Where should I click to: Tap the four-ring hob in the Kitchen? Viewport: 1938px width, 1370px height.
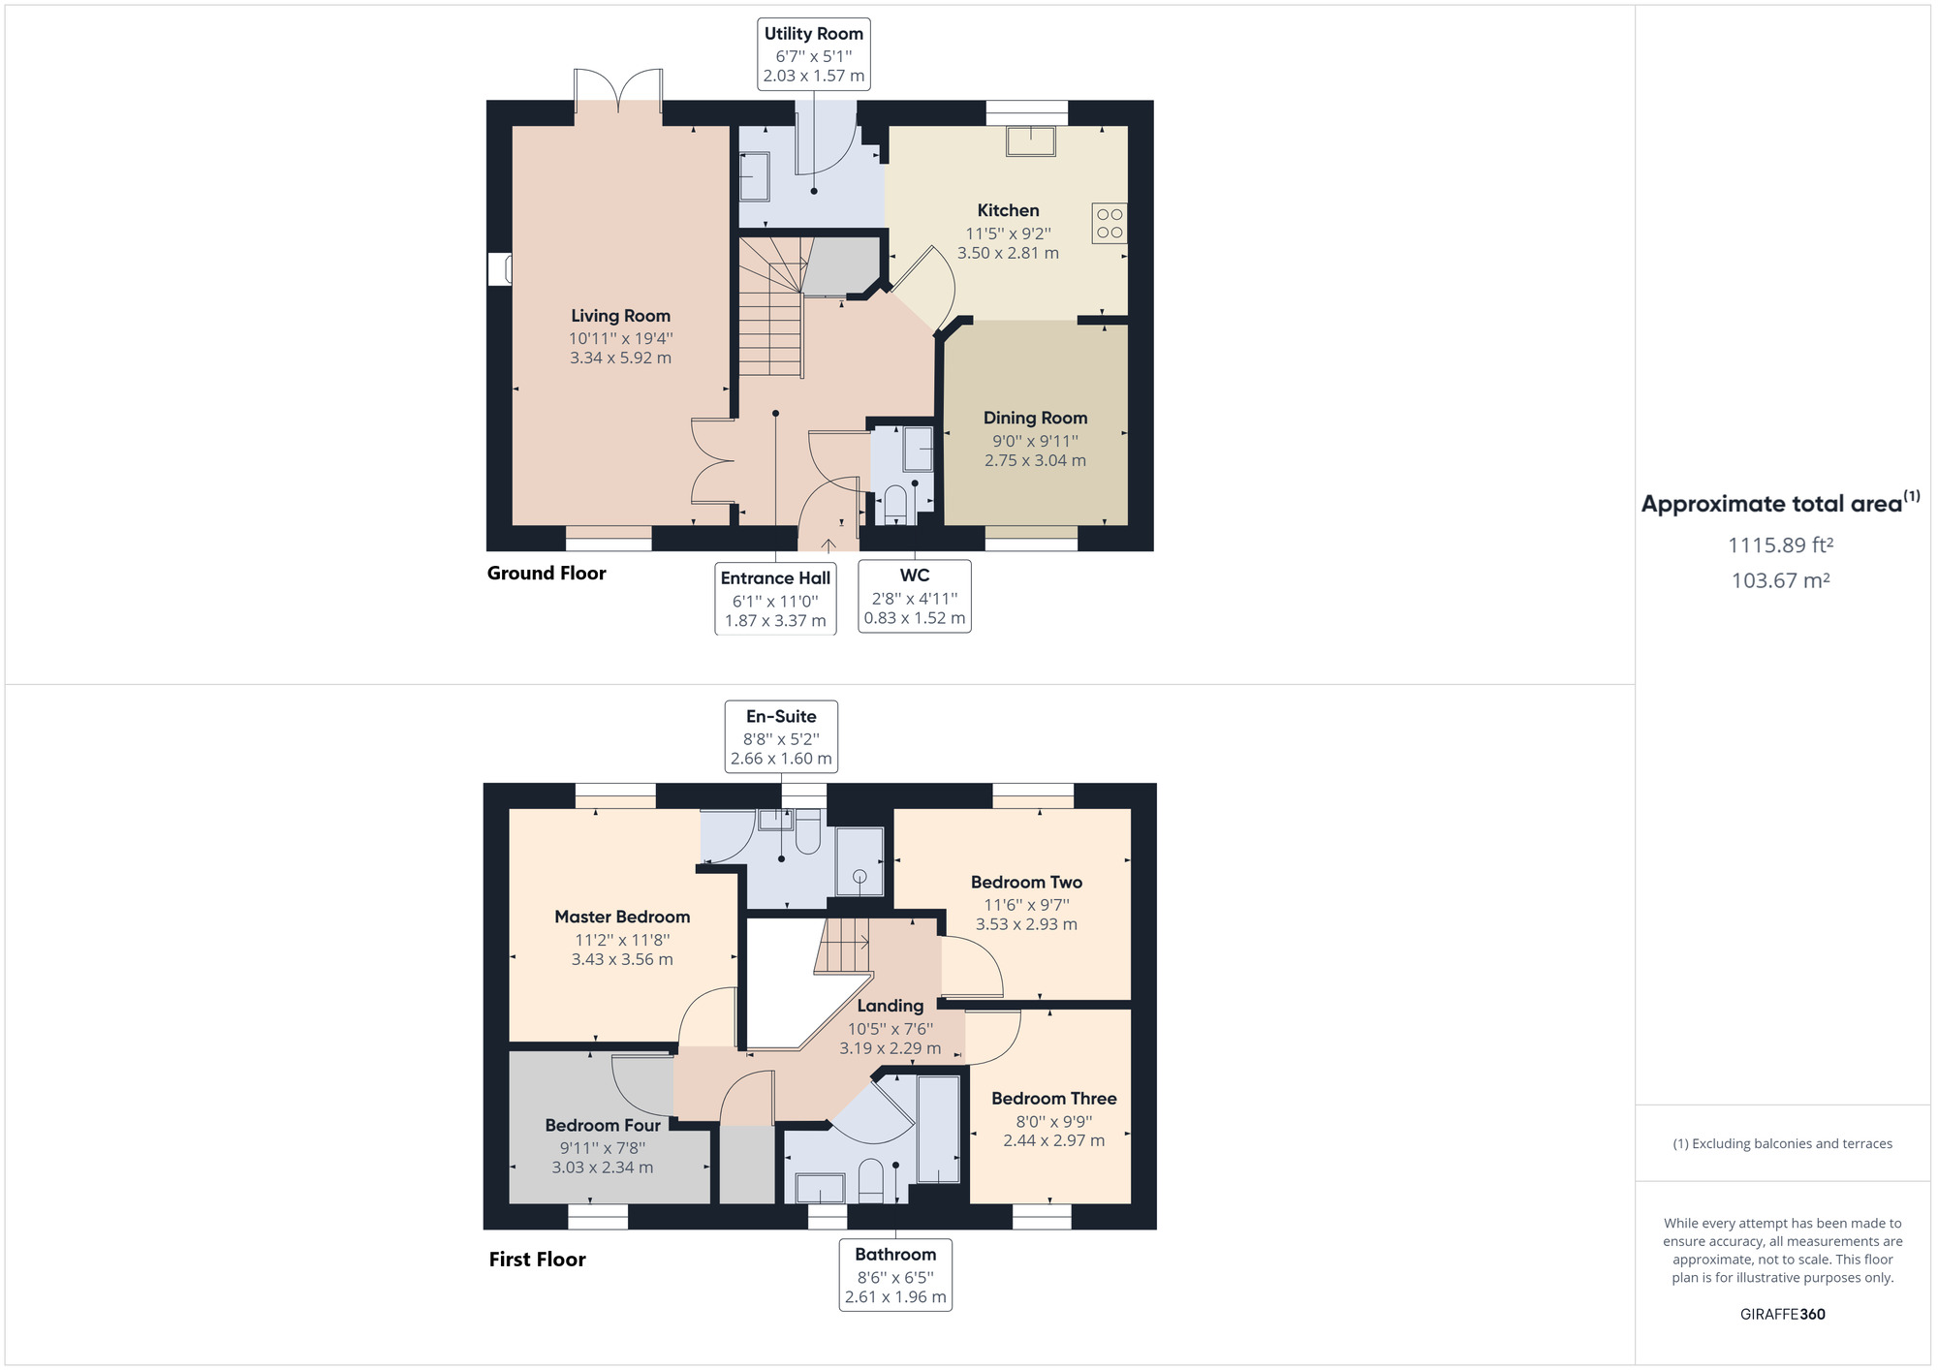pyautogui.click(x=1110, y=223)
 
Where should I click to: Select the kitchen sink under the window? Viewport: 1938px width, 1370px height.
pyautogui.click(x=1030, y=141)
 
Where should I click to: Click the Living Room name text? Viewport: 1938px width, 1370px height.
pyautogui.click(x=620, y=316)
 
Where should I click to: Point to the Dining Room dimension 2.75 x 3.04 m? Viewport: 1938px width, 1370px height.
pyautogui.click(x=1035, y=460)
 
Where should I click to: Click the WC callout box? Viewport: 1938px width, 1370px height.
pyautogui.click(x=914, y=596)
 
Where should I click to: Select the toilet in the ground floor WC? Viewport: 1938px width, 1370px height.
pyautogui.click(x=895, y=505)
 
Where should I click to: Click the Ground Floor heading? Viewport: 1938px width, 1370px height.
pyautogui.click(x=547, y=574)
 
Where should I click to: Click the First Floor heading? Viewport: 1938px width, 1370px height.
pyautogui.click(x=537, y=1260)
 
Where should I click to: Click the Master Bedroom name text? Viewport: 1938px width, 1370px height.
pyautogui.click(x=622, y=917)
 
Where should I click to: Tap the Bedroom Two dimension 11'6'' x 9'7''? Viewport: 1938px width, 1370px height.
pyautogui.click(x=1026, y=904)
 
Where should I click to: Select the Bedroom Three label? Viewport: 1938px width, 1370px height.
pyautogui.click(x=1053, y=1099)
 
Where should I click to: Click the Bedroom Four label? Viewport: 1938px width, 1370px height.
pyautogui.click(x=602, y=1126)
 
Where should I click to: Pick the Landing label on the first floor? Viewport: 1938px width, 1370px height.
pyautogui.click(x=890, y=1007)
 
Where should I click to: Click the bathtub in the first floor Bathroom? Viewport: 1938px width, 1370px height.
pyautogui.click(x=937, y=1129)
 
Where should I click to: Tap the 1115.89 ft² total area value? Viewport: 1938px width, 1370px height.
pyautogui.click(x=1780, y=545)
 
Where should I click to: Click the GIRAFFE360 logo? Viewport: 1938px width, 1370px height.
pyautogui.click(x=1782, y=1315)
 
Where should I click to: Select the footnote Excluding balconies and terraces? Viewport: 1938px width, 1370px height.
pyautogui.click(x=1782, y=1144)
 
